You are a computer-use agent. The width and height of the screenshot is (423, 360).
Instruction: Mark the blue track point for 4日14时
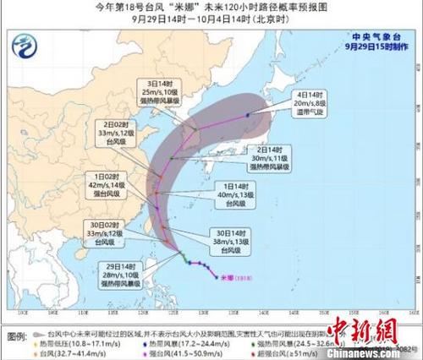[x=248, y=114]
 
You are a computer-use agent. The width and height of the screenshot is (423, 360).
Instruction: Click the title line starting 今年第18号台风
[x=211, y=8]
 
